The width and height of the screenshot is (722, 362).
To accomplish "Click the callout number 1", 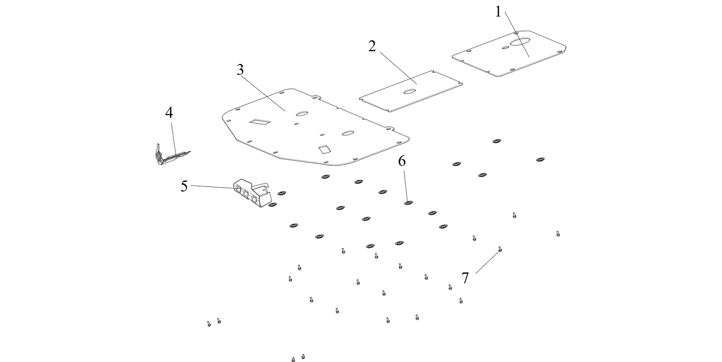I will [498, 11].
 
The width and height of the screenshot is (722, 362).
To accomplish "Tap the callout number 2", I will [372, 46].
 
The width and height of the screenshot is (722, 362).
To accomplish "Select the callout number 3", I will [240, 70].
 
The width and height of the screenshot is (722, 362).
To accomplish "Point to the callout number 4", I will [169, 113].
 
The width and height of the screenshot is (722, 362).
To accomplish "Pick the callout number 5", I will [184, 186].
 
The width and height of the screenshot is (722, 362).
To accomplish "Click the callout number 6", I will [402, 161].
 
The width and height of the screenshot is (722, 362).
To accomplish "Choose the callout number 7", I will [465, 278].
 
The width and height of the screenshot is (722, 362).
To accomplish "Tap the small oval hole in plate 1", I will [506, 48].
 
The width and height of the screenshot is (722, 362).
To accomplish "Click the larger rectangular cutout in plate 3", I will [261, 121].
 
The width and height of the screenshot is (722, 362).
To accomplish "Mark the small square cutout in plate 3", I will [324, 148].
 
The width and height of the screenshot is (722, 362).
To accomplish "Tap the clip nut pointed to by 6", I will [408, 202].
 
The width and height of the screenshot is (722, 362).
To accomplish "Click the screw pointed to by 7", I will [500, 249].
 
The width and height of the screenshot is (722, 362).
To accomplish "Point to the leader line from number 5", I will [212, 187].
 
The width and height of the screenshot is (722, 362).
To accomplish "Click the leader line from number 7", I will [487, 261].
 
